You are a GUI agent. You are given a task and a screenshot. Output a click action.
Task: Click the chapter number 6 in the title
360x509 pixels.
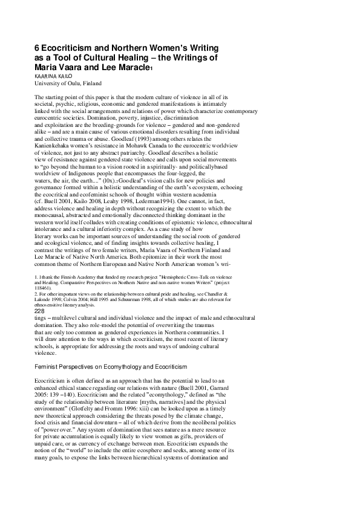point(37,47)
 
